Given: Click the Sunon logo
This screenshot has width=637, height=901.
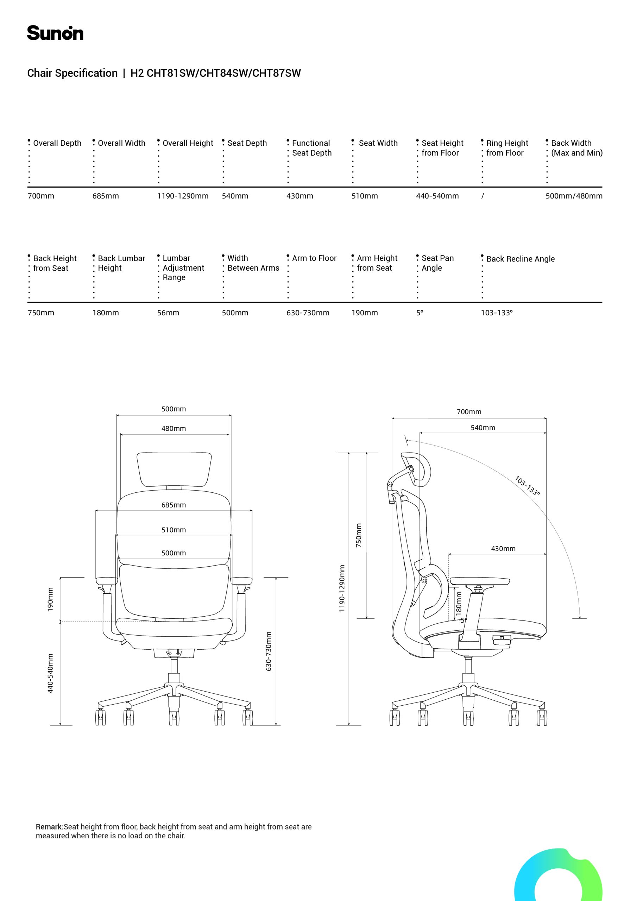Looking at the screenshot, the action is (x=55, y=33).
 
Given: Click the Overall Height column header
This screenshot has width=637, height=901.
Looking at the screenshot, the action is (x=188, y=143).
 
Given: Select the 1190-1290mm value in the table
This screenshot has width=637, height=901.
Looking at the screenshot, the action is (x=183, y=196).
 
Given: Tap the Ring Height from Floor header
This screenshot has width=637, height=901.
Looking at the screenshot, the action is (x=507, y=148).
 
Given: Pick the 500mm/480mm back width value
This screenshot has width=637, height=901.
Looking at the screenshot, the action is (x=574, y=196).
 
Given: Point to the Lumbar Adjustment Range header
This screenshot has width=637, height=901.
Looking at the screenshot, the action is (x=183, y=267).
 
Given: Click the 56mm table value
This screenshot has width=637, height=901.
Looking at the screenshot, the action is (x=168, y=313).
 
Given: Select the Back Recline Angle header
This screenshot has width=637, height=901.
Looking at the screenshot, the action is (x=521, y=259).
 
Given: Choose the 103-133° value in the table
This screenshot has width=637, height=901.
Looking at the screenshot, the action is (x=497, y=313).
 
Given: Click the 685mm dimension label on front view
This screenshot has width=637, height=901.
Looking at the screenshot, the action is (x=174, y=505).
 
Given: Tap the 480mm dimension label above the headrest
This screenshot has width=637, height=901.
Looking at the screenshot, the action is (x=174, y=429).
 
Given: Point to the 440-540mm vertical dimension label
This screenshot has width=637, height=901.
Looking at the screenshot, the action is (x=50, y=673).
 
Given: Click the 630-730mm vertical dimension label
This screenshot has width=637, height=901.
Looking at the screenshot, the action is (x=269, y=651).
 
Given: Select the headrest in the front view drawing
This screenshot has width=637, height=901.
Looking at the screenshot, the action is (x=174, y=470).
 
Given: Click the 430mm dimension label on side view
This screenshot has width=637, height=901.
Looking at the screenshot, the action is (x=503, y=549).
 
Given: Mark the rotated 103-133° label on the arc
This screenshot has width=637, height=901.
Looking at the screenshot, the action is (x=527, y=486).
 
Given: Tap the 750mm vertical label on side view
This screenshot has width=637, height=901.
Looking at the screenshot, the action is (x=358, y=536).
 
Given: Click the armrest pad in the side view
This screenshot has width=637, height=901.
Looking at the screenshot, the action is (x=480, y=581).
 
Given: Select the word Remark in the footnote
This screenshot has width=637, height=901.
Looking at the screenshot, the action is (x=49, y=827).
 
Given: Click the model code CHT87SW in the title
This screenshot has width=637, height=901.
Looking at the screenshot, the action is (x=276, y=74).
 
